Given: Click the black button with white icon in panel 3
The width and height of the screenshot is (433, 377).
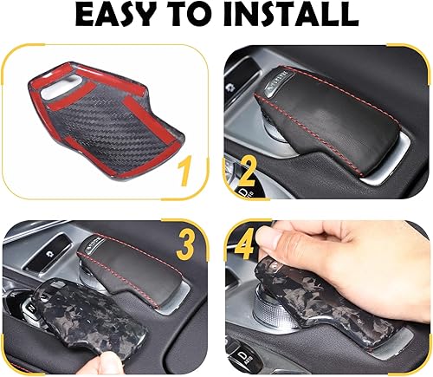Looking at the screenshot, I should click(x=55, y=248).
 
